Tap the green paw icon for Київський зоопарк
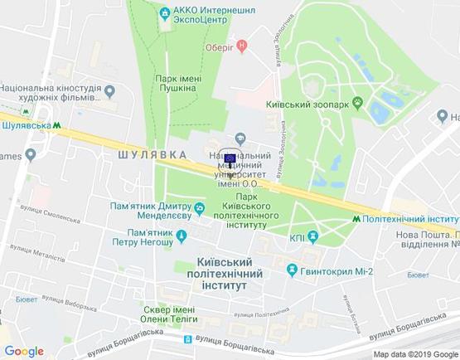358,103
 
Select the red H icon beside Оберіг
241,46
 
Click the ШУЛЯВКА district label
149,154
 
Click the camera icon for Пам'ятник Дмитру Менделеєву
200,206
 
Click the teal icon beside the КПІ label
312,237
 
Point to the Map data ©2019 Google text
414,353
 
